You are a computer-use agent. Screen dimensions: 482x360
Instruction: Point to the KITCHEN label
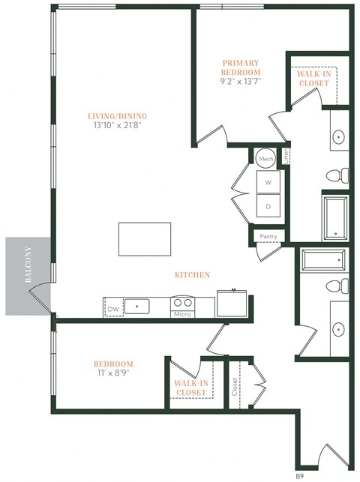(x=192, y=275)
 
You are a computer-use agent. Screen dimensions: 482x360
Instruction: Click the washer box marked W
(x=268, y=182)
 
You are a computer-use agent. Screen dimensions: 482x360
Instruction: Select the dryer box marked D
(x=268, y=206)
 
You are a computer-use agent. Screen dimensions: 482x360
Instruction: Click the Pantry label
(x=268, y=236)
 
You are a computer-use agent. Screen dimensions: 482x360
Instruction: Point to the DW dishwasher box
(x=113, y=307)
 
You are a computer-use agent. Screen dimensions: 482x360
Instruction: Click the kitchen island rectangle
(x=144, y=239)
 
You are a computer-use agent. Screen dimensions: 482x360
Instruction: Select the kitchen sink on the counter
(x=137, y=306)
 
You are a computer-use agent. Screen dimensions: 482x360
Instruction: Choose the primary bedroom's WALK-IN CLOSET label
(x=313, y=79)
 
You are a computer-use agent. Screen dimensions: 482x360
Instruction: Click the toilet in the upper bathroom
(x=337, y=175)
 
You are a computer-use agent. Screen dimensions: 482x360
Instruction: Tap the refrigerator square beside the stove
(x=232, y=304)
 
